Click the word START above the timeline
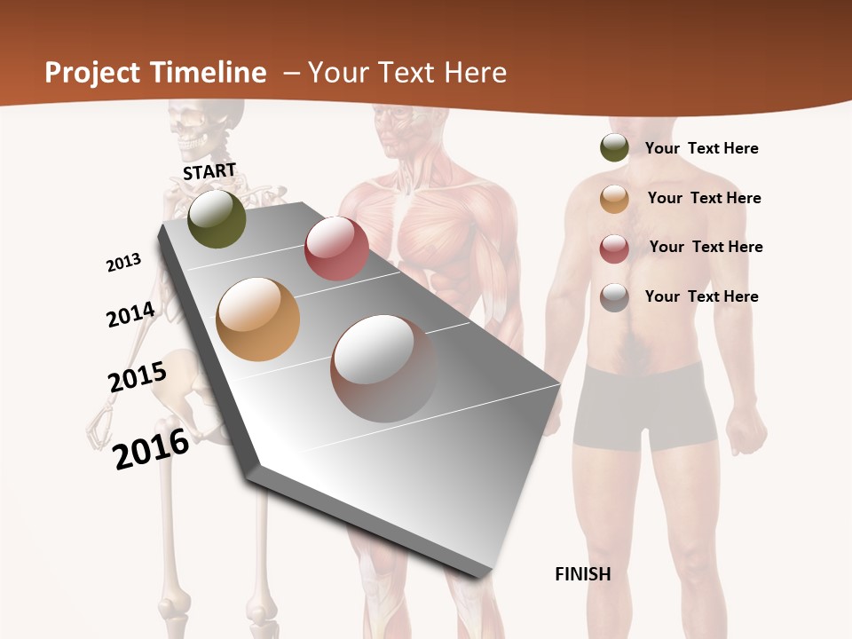[209, 171]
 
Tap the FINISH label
[583, 574]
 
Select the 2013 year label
[123, 263]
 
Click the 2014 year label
[130, 314]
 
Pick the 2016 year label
[151, 449]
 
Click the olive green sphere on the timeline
[217, 218]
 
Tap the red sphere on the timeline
[336, 248]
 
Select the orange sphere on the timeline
[258, 319]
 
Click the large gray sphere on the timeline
[383, 368]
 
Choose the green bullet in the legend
[614, 147]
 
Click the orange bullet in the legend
[614, 199]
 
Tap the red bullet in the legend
[614, 248]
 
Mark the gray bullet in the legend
[614, 297]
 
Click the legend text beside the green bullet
[701, 148]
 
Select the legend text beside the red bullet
[706, 247]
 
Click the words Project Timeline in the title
[155, 73]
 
